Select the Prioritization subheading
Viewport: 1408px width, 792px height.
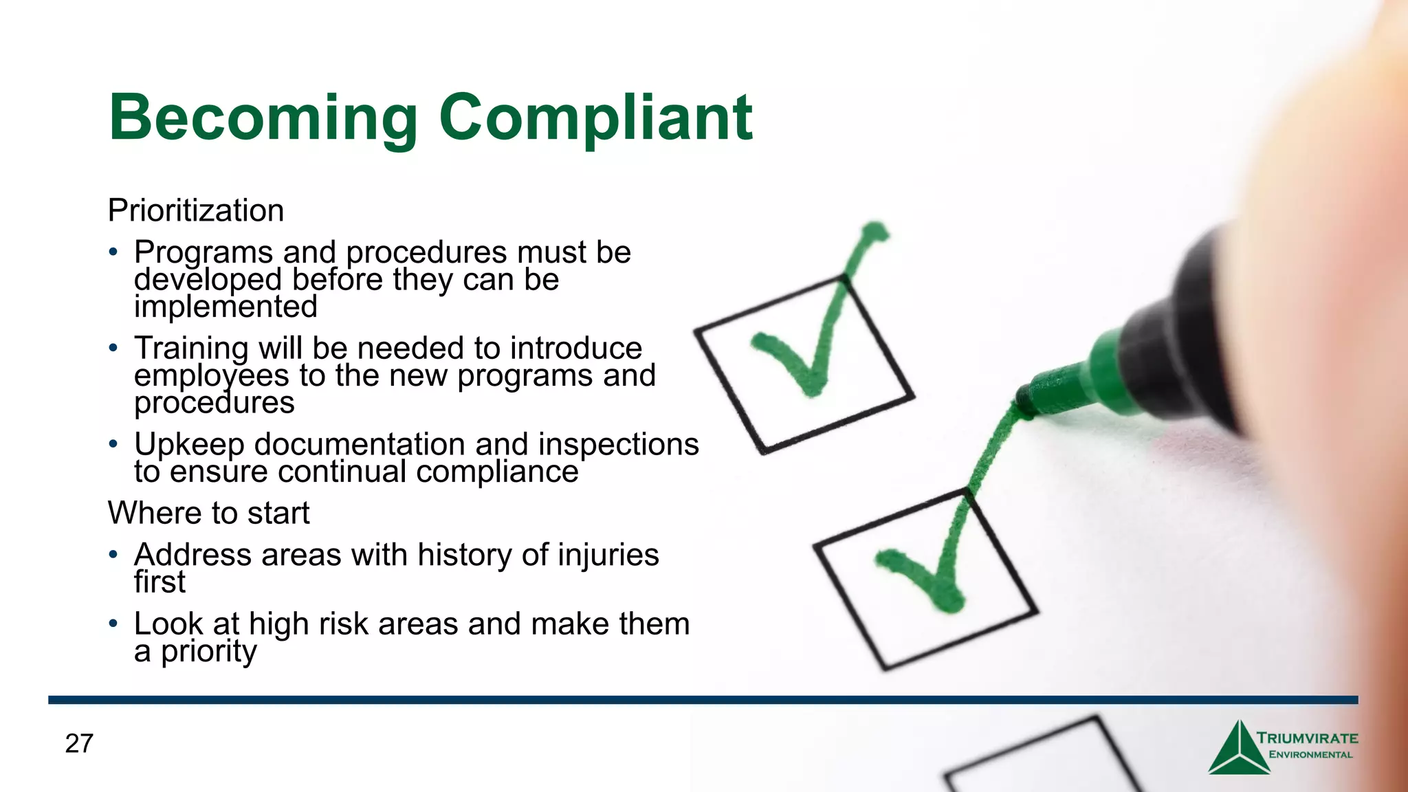point(196,210)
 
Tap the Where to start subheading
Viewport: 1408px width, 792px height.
point(208,513)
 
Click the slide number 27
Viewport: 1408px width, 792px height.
point(79,743)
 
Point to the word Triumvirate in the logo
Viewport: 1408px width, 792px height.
point(1307,738)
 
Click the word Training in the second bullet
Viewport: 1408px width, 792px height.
point(190,349)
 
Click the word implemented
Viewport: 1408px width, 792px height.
point(225,307)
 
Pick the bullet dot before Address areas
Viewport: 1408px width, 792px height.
point(113,553)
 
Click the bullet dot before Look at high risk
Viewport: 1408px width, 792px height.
point(113,623)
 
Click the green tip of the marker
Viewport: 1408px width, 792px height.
point(1024,402)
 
